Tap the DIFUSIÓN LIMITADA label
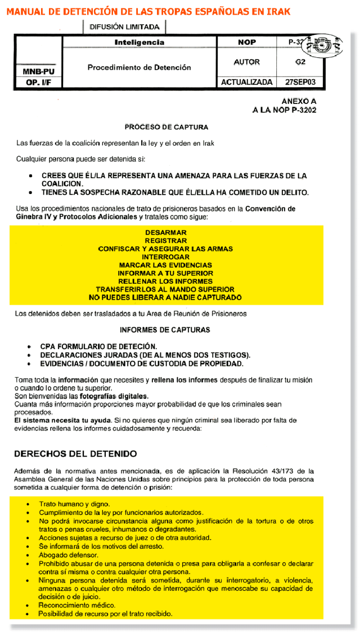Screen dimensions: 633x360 tap(124, 26)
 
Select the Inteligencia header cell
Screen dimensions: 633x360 tap(139, 42)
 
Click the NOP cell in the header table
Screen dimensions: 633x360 tap(246, 42)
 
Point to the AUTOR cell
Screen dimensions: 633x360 tap(246, 62)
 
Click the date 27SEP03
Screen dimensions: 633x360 tap(304, 82)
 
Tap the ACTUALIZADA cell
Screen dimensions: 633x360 tap(246, 82)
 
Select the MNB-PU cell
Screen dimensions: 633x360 tap(38, 72)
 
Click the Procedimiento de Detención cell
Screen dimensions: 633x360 tap(139, 67)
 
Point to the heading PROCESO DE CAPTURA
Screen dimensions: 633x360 tap(166, 127)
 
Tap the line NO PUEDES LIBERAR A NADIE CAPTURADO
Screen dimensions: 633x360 tap(165, 297)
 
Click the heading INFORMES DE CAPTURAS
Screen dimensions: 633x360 tap(165, 330)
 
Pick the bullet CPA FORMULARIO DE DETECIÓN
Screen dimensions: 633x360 tap(98, 346)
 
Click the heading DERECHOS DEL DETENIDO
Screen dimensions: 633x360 tap(75, 453)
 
